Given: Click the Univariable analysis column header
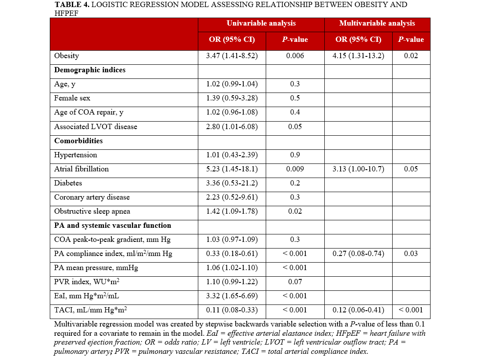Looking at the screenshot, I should click(261, 23).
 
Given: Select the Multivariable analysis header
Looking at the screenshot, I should click(377, 23).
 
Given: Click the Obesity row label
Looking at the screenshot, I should click(67, 56).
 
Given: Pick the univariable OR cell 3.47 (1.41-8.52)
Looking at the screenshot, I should click(232, 56).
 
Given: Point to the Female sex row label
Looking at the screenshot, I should click(72, 98).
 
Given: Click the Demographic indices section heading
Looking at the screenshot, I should click(90, 70).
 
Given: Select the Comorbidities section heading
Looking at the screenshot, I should click(78, 141).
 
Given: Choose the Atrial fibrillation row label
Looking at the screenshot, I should click(82, 169).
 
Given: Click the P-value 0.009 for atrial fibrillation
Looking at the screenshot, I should click(295, 169).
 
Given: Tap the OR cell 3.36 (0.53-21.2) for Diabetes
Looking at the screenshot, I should click(232, 183).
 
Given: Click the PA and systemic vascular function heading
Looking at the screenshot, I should click(112, 226).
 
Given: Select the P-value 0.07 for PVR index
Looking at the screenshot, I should click(295, 282).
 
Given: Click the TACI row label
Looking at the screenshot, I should click(90, 310).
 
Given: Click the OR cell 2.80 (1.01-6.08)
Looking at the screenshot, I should click(232, 127).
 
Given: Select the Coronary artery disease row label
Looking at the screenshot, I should click(92, 197).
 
